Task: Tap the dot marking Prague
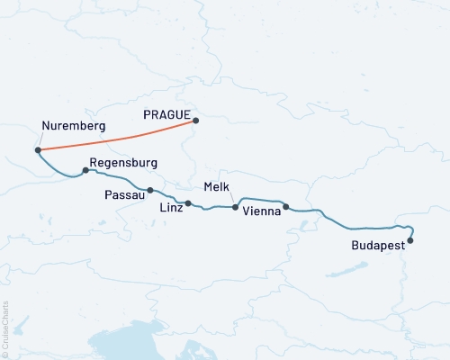click(196, 121)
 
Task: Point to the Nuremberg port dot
click(37, 150)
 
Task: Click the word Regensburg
click(124, 163)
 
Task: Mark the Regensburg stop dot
click(85, 170)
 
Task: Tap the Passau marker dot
click(150, 190)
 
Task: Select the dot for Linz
click(188, 203)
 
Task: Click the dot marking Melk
click(236, 208)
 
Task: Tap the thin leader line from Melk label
click(232, 198)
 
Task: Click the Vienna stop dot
click(286, 207)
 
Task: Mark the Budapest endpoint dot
click(410, 240)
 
